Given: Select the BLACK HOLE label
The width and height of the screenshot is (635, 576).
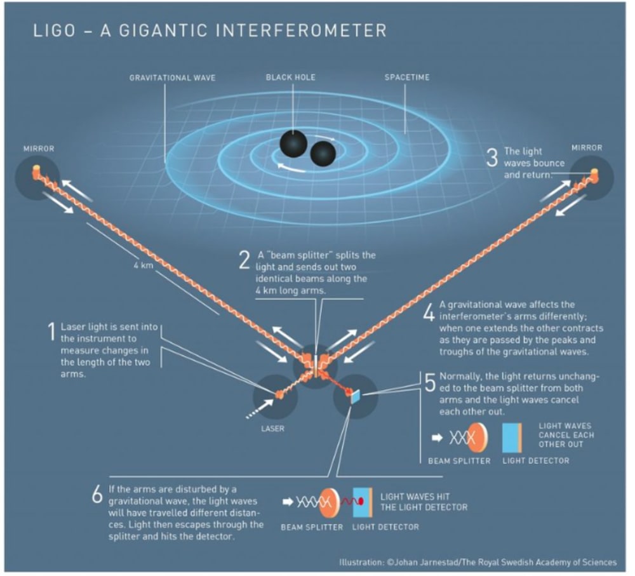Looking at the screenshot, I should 291,77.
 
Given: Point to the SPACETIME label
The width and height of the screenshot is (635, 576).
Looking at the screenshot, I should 407,77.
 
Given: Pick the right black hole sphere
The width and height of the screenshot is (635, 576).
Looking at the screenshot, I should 323,154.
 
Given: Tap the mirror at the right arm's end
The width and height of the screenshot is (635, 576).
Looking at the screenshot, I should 594,172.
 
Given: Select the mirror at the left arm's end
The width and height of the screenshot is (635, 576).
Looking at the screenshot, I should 36,170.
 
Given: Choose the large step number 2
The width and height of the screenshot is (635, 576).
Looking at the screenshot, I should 243,260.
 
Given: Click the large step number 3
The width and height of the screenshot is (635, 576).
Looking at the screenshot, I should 491,157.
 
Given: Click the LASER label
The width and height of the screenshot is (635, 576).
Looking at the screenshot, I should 273,429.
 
